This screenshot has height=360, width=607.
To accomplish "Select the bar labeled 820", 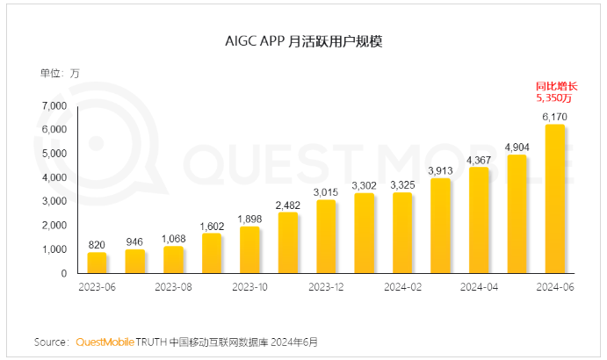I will click(97, 263).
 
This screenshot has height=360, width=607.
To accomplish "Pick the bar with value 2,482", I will click(287, 242).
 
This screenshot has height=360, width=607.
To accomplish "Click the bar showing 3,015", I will click(326, 236).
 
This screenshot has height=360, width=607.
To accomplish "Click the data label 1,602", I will click(212, 226).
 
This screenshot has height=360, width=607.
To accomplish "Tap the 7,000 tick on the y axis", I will click(54, 105).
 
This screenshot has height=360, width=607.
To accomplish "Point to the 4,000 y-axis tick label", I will click(54, 177).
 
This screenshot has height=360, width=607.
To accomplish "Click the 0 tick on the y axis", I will click(62, 273).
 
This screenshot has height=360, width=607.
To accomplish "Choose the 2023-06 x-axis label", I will click(97, 286).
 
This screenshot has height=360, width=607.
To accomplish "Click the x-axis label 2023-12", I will click(326, 286).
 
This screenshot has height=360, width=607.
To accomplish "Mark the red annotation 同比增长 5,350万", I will click(556, 92).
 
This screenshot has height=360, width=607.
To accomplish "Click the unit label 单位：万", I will click(60, 72).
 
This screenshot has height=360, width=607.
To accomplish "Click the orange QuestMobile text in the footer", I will click(105, 341).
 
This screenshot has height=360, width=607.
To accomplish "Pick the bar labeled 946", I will click(135, 261).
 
